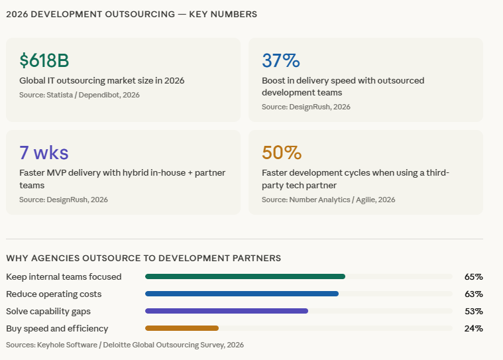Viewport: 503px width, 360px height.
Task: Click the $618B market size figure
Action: [x=44, y=60]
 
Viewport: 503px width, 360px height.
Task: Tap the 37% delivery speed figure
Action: [x=281, y=60]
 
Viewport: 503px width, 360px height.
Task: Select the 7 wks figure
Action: [x=44, y=152]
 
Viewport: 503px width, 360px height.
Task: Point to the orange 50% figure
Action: [x=282, y=152]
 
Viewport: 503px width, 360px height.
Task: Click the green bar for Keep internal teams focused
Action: [x=245, y=276]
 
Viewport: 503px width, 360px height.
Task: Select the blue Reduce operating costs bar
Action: [x=242, y=294]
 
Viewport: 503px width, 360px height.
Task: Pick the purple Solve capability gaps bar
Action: [x=227, y=311]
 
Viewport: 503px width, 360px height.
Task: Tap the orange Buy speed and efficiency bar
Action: [x=182, y=328]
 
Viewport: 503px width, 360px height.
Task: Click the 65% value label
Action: [x=473, y=276]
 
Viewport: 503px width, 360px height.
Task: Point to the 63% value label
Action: [x=473, y=294]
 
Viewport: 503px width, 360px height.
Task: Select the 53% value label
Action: [x=473, y=311]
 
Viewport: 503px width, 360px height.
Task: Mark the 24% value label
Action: [x=473, y=328]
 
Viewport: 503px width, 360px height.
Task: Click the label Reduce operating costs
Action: [x=54, y=294]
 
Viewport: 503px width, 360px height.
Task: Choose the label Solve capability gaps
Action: [x=48, y=311]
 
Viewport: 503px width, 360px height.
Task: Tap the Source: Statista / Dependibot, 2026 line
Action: [x=80, y=95]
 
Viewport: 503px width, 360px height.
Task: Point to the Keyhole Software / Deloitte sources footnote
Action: [x=125, y=345]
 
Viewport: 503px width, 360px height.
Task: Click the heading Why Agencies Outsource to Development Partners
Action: [x=143, y=258]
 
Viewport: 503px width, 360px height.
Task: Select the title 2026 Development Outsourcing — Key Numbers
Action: [x=132, y=14]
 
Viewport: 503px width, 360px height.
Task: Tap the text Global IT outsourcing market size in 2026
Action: [x=101, y=80]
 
